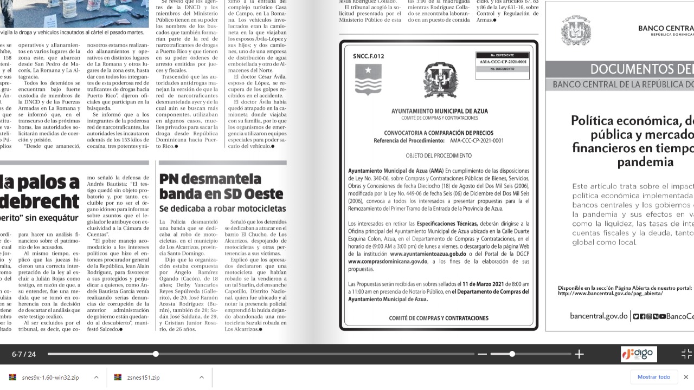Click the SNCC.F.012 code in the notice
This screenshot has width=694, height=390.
[368, 56]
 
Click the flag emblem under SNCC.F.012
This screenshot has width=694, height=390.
[368, 79]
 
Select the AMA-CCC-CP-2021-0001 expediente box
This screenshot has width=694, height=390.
[503, 62]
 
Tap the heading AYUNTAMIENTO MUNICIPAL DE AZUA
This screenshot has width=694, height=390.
[439, 111]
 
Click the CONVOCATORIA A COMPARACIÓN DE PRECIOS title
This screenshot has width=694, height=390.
[439, 133]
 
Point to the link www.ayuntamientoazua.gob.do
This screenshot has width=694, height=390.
[428, 253]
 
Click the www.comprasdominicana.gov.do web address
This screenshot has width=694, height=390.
[388, 261]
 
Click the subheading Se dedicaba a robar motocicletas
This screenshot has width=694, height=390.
[222, 209]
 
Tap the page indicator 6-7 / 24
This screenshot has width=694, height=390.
[24, 354]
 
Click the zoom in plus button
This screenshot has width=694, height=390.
[579, 354]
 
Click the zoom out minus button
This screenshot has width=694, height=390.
[482, 354]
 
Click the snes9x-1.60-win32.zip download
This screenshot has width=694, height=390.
[50, 378]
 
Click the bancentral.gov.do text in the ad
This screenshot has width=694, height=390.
[599, 316]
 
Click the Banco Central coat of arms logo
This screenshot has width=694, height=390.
[576, 30]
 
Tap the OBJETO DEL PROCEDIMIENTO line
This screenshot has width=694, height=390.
[439, 155]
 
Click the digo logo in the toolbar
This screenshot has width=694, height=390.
[639, 354]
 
